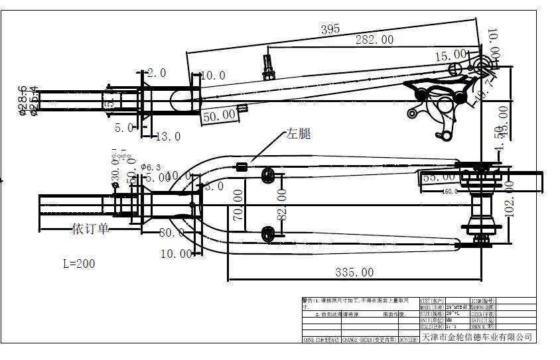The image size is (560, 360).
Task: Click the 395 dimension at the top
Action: [330, 29]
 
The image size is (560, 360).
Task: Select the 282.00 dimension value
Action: [374, 40]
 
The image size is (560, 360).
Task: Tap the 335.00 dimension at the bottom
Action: [354, 272]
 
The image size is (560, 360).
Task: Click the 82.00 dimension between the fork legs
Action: [281, 204]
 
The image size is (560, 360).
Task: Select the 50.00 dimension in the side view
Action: [220, 115]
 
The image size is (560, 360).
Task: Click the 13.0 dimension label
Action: [167, 137]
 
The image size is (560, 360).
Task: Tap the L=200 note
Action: [79, 263]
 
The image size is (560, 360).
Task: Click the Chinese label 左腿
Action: [298, 134]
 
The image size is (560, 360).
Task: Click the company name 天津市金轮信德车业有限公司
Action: [477, 337]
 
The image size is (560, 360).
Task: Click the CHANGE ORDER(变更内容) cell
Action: [370, 339]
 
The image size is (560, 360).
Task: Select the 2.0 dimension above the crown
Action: [157, 73]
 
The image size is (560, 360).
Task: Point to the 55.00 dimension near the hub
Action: [439, 177]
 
